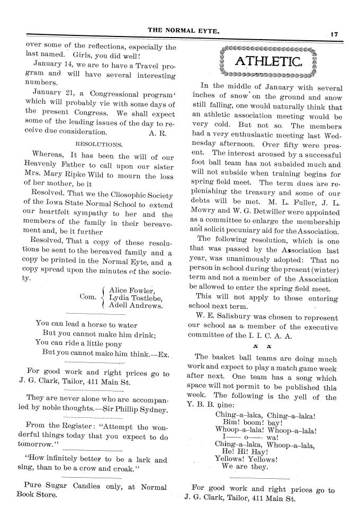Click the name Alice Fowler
pyautogui.click(x=131, y=289)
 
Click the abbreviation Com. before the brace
pyautogui.click(x=87, y=297)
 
